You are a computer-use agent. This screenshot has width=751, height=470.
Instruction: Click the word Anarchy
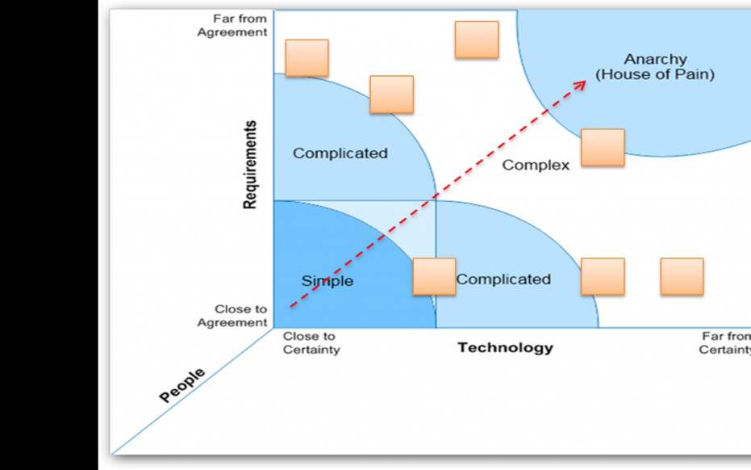[x=655, y=59]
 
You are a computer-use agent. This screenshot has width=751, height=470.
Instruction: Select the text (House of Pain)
[x=655, y=74]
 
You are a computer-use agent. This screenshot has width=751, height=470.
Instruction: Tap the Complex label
[x=536, y=165]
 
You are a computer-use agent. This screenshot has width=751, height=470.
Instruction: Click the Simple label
[x=328, y=281]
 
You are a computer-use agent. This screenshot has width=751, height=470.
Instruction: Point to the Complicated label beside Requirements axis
[x=340, y=153]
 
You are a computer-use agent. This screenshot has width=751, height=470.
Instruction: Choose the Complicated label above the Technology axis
[x=503, y=279]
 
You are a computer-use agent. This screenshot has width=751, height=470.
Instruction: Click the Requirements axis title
[x=251, y=165]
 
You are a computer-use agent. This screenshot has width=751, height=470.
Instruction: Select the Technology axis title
[x=506, y=348]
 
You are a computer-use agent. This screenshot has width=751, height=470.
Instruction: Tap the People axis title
[x=182, y=386]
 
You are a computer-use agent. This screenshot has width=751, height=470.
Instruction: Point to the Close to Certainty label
[x=311, y=343]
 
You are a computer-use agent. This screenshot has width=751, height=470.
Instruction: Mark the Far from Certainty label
[x=724, y=343]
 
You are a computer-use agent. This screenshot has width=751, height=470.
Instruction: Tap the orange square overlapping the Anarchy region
[x=603, y=147]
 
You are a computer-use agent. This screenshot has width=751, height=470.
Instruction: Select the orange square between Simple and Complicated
[x=434, y=276]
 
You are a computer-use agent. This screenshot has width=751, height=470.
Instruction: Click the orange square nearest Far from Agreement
[x=307, y=57]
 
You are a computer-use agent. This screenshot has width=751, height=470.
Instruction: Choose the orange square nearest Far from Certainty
[x=682, y=276]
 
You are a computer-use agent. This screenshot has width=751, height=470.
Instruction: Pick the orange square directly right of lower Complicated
[x=603, y=276]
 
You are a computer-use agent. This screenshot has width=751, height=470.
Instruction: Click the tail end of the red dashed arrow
[x=291, y=307]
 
